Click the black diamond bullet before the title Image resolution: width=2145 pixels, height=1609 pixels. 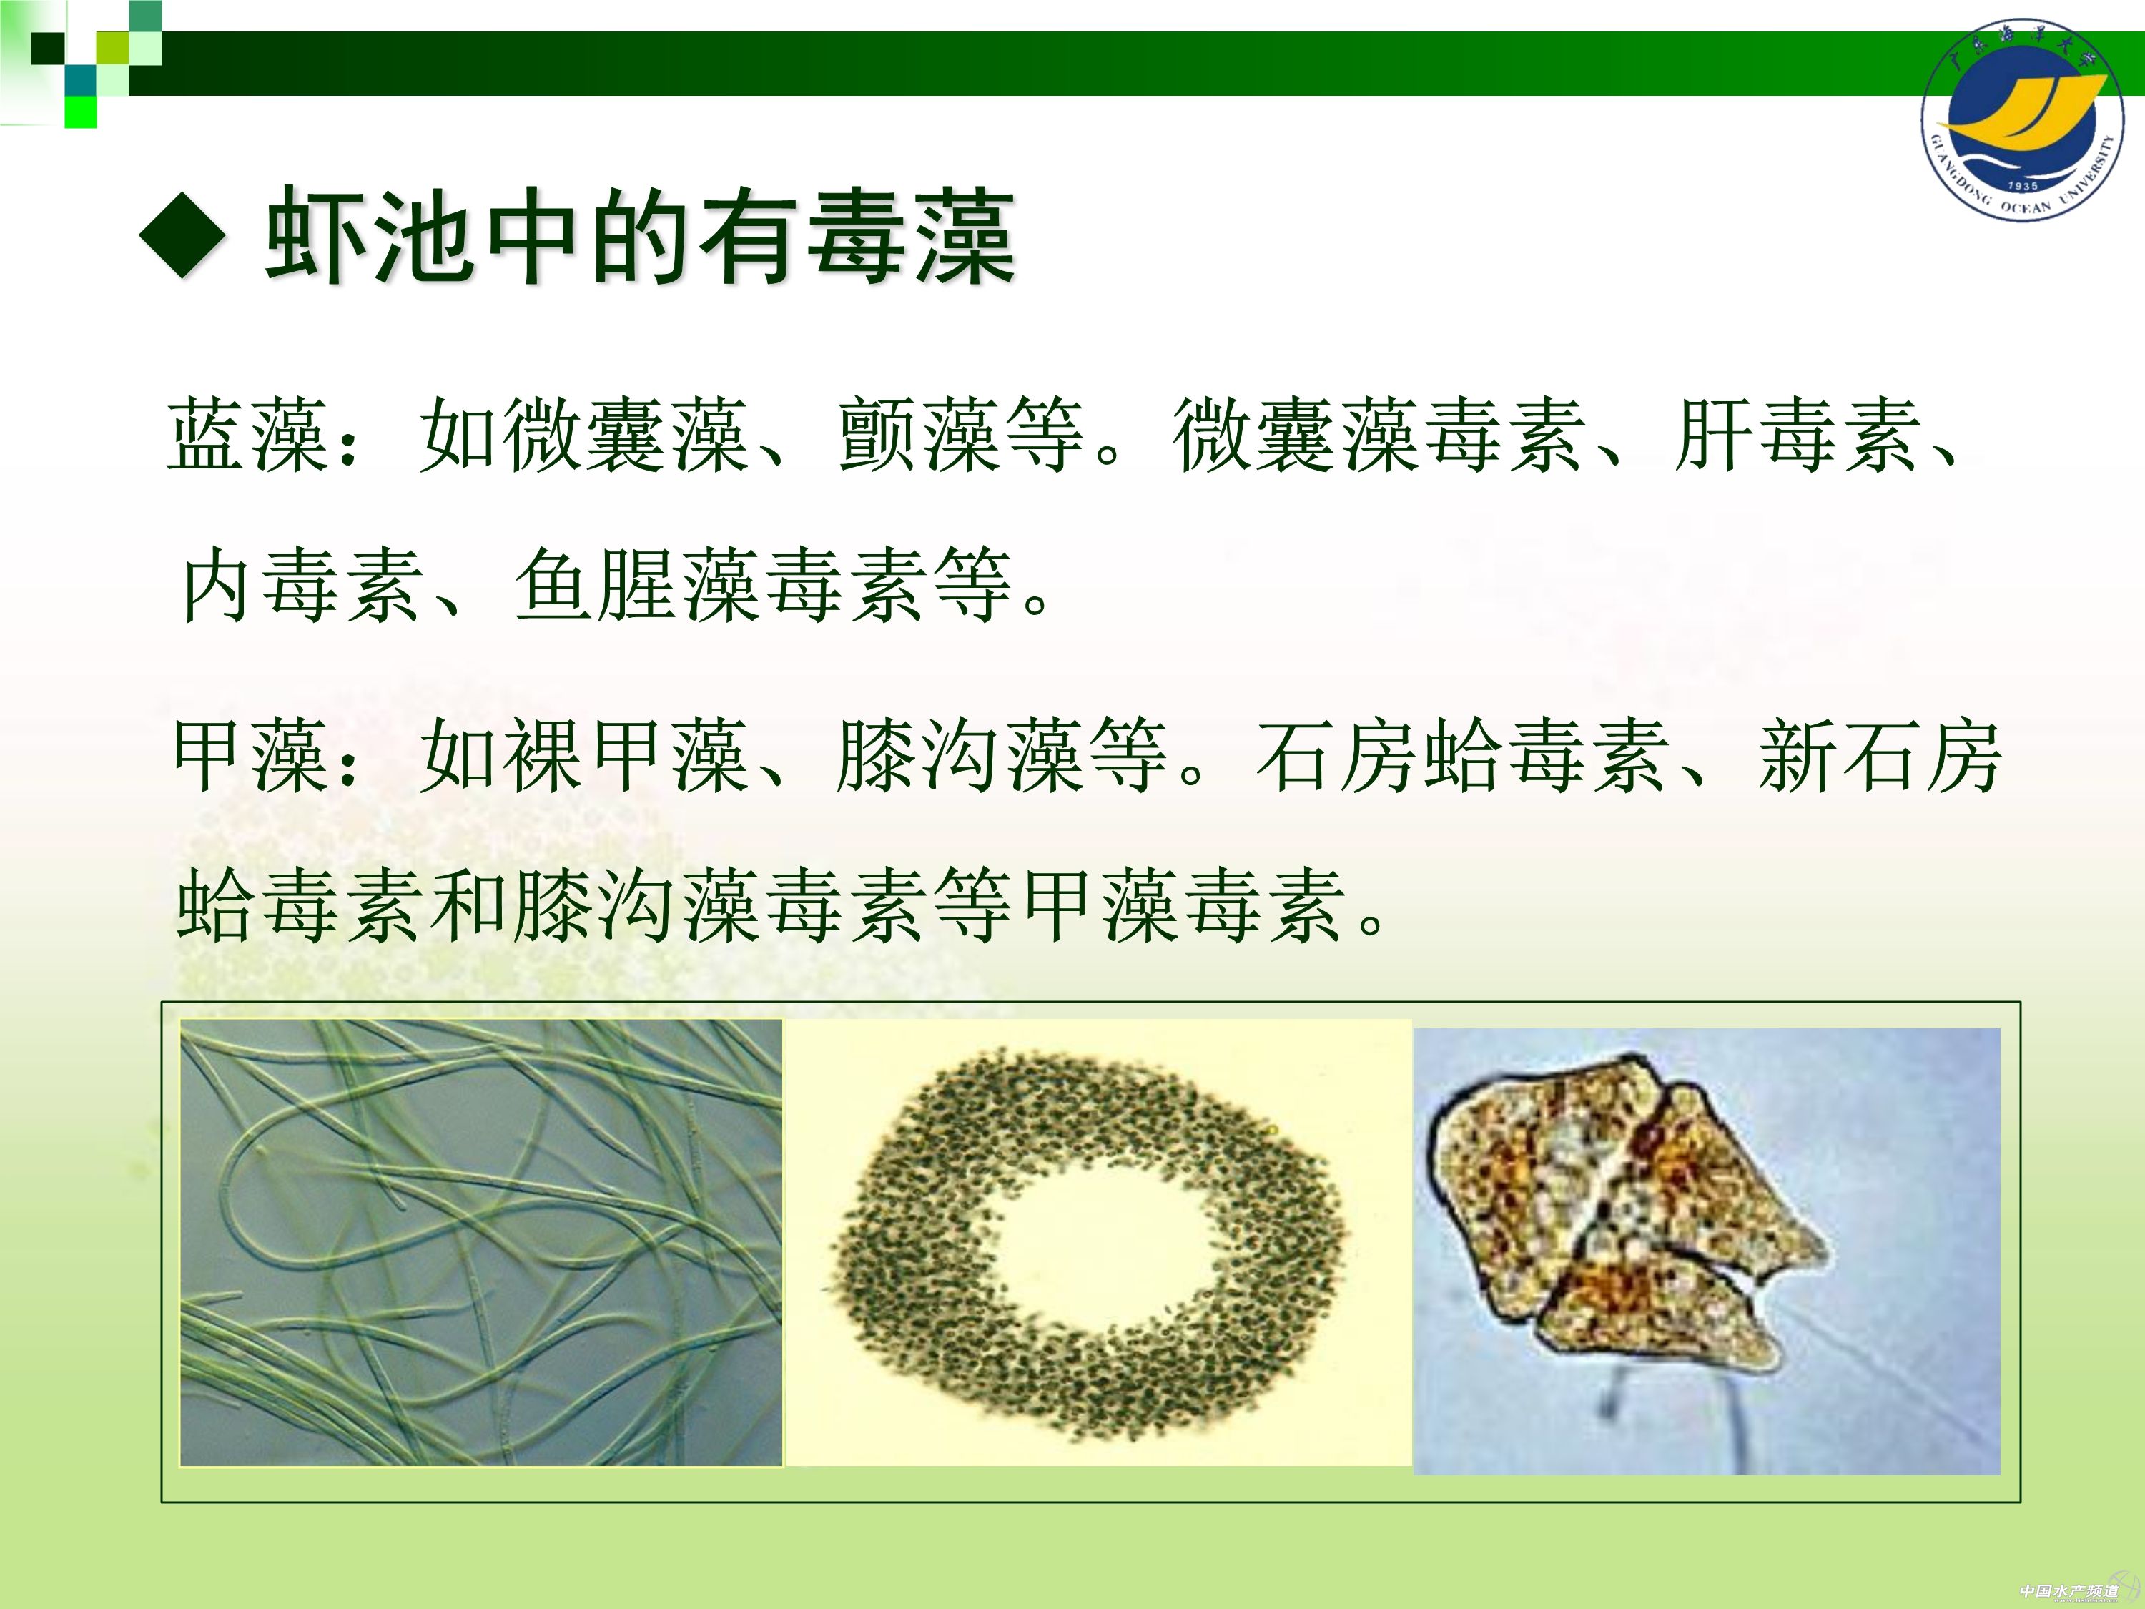click(x=183, y=232)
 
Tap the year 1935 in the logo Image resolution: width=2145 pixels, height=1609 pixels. click(x=2023, y=185)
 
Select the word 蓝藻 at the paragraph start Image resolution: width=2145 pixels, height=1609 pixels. click(x=248, y=436)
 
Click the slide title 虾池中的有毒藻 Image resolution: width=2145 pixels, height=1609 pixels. click(x=641, y=236)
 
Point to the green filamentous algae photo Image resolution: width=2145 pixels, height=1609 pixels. click(x=481, y=1242)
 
